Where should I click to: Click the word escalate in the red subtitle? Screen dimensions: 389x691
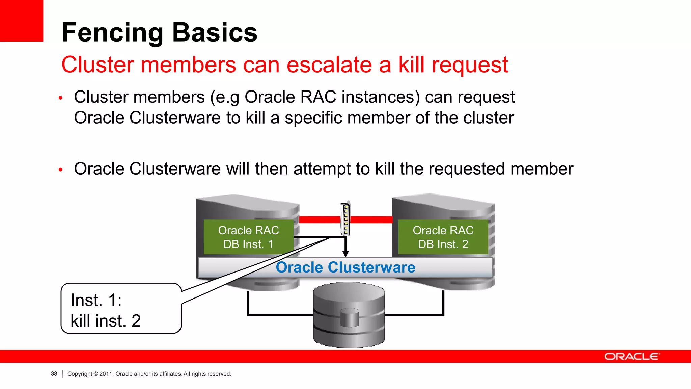[x=329, y=64]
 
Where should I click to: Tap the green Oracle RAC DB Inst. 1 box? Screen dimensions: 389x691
[x=248, y=237]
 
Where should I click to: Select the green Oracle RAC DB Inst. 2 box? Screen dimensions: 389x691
[x=443, y=237]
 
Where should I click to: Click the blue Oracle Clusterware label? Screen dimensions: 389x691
[x=345, y=267]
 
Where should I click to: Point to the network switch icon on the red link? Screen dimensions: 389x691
[x=345, y=219]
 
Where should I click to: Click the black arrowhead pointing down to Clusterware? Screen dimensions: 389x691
[x=345, y=254]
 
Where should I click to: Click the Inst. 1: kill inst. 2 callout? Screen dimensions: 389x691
[x=121, y=309]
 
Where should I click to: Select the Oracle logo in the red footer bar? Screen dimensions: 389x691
[x=631, y=357]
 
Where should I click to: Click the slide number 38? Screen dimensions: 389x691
[x=54, y=374]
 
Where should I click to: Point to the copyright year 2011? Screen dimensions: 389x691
[x=106, y=374]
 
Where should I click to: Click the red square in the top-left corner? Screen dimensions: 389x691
[x=21, y=21]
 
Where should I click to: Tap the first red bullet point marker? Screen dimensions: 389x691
[x=61, y=98]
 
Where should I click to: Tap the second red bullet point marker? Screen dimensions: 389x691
[x=61, y=170]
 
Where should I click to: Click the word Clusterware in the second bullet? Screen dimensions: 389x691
[x=175, y=169]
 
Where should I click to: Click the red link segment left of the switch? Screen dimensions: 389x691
[x=319, y=220]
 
